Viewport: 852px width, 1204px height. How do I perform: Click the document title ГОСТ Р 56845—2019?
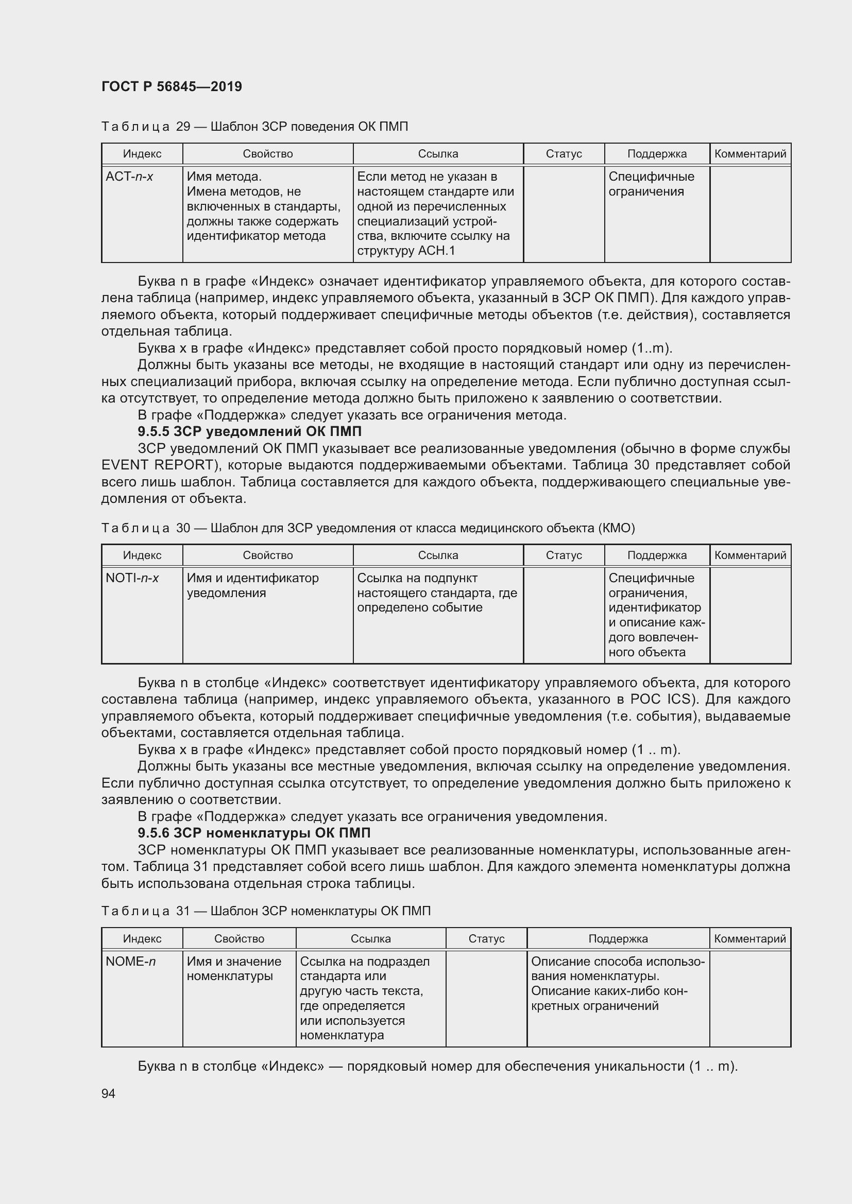click(172, 87)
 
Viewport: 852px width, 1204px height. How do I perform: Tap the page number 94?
click(108, 1093)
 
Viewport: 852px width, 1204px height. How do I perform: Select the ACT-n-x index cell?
click(129, 177)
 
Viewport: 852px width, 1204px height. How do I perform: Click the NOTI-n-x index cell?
click(132, 578)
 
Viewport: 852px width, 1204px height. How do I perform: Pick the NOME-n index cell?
click(131, 961)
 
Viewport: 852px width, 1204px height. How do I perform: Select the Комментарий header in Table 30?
click(749, 555)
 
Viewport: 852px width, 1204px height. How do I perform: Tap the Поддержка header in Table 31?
click(618, 939)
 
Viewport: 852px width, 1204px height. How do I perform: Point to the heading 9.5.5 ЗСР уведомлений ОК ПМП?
click(250, 431)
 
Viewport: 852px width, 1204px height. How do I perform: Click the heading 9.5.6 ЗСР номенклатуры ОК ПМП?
click(254, 833)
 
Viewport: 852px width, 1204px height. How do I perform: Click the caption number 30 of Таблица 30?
click(183, 528)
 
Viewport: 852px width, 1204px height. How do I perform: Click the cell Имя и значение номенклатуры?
click(233, 969)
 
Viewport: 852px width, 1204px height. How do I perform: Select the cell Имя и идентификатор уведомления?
click(252, 585)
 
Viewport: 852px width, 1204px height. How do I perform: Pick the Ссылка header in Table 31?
click(370, 939)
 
